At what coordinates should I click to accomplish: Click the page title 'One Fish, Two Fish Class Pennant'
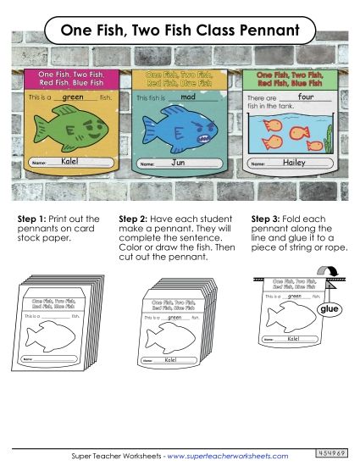point(180,31)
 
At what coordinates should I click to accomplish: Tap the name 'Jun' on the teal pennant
point(178,161)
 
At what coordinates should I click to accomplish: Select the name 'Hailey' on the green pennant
point(293,161)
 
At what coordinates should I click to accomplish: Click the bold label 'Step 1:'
point(34,219)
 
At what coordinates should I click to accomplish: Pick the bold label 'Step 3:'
point(268,219)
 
